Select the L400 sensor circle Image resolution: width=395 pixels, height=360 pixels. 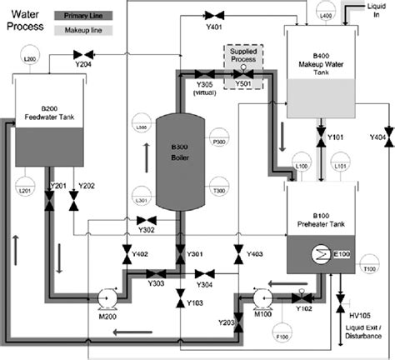325,15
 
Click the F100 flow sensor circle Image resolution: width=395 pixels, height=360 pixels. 281,338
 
